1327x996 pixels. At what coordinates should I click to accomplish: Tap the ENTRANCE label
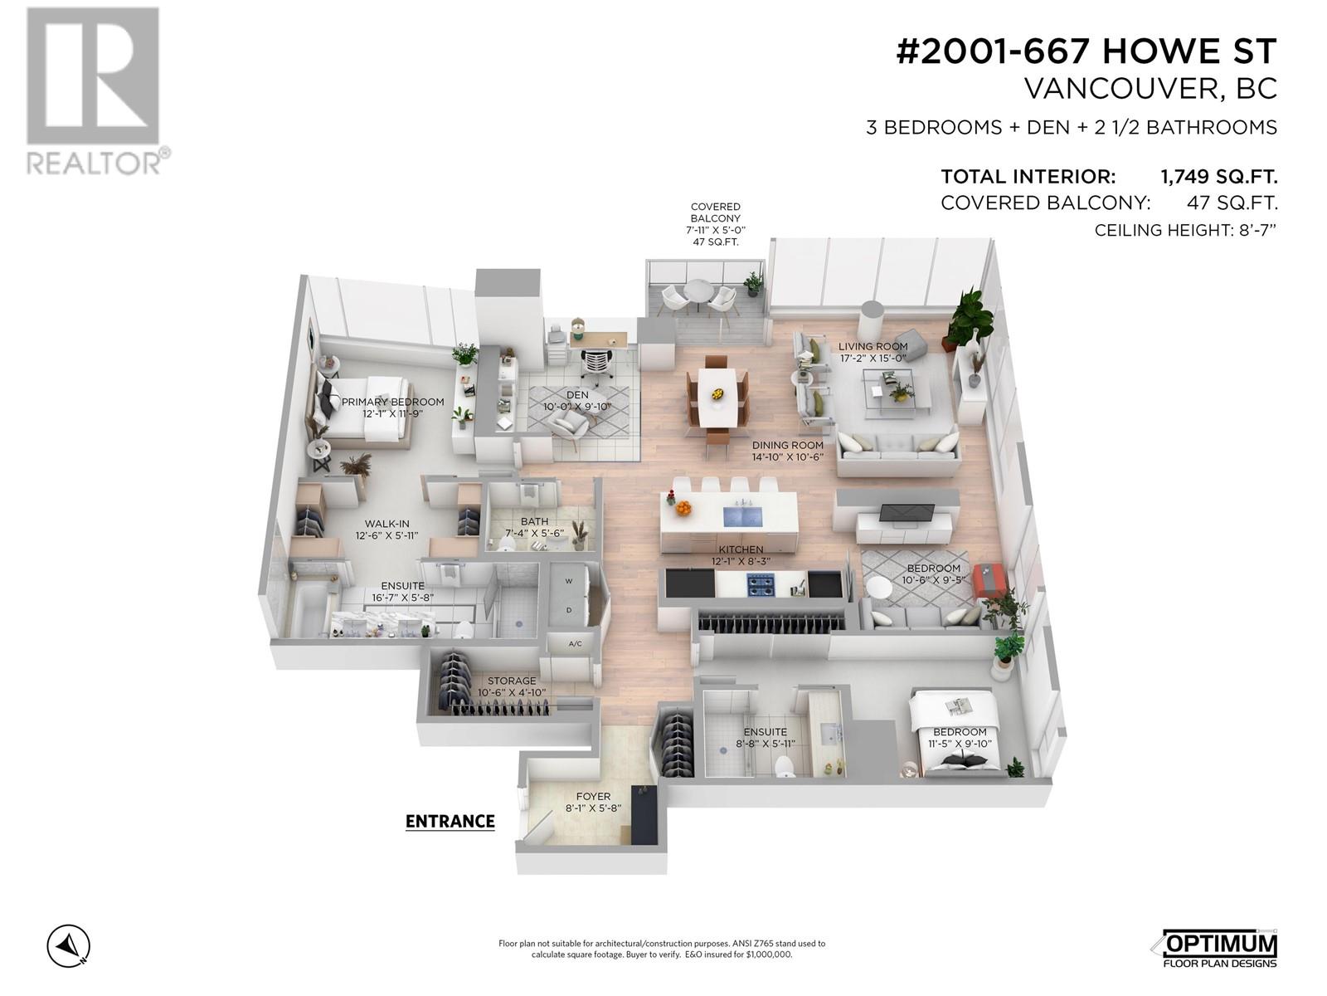(450, 821)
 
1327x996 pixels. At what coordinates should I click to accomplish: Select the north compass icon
(69, 945)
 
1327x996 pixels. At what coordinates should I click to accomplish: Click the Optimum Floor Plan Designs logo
(1218, 946)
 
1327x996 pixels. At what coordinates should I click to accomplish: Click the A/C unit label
(576, 643)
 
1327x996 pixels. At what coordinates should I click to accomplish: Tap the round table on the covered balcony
(698, 292)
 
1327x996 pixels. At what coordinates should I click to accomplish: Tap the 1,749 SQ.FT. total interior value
(1218, 177)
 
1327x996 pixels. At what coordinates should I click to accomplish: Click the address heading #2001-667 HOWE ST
(1086, 52)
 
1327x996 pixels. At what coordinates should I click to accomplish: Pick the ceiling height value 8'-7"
(1254, 230)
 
